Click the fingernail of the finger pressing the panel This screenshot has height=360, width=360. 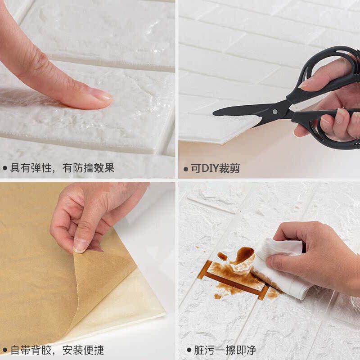[101, 94]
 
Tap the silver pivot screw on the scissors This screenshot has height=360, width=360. [275, 112]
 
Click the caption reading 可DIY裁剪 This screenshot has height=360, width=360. [216, 168]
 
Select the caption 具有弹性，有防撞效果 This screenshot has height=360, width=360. [62, 168]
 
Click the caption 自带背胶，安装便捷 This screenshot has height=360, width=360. [57, 350]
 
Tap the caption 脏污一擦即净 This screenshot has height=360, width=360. [225, 350]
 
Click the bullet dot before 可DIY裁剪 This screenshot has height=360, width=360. [186, 169]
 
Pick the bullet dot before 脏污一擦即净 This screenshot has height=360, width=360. [189, 350]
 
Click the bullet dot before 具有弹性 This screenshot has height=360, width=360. [5, 168]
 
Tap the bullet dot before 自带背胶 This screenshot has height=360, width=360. [5, 351]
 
